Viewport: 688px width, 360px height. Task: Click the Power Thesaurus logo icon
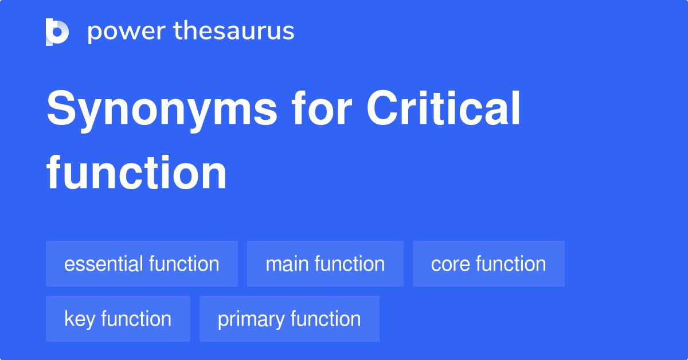click(57, 32)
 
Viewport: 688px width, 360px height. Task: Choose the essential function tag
click(142, 264)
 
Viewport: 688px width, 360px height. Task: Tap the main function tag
click(325, 264)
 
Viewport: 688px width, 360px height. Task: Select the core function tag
click(488, 264)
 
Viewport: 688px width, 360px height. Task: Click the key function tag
click(118, 319)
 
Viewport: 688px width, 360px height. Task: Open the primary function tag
click(289, 319)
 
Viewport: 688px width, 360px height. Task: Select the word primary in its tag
click(251, 319)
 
